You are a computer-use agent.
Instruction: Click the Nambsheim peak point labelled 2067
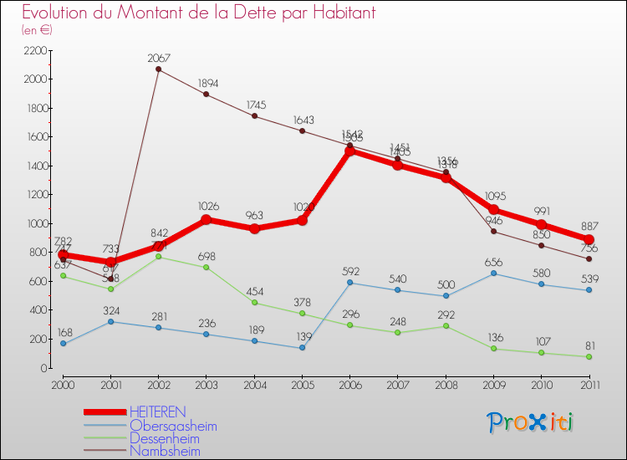(x=158, y=69)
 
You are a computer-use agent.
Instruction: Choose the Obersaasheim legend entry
(x=173, y=426)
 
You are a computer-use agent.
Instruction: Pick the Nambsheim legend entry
(x=165, y=451)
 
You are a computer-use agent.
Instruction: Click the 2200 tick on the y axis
(x=35, y=50)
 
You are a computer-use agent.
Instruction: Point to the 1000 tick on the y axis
(x=35, y=223)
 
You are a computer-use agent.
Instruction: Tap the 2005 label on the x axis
(x=302, y=385)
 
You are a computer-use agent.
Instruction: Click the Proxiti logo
(x=531, y=422)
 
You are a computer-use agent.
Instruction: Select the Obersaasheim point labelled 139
(x=302, y=348)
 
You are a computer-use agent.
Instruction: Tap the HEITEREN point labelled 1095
(x=493, y=210)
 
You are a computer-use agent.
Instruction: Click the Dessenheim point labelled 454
(x=254, y=303)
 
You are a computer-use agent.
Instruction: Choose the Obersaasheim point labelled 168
(x=63, y=344)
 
